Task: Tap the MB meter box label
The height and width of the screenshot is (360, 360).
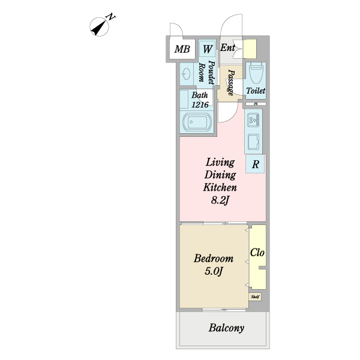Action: click(x=180, y=49)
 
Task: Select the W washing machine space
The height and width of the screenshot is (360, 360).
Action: click(x=207, y=49)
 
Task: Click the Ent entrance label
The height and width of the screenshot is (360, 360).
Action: click(x=227, y=47)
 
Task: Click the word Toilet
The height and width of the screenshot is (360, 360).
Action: click(x=256, y=91)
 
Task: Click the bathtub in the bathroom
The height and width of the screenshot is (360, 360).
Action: click(x=197, y=123)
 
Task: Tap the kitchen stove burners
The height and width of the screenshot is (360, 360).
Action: click(x=253, y=120)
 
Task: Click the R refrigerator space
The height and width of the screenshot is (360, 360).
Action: click(x=256, y=164)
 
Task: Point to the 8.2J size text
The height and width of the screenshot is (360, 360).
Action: click(x=220, y=200)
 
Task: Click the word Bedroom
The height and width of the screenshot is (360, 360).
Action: click(x=213, y=259)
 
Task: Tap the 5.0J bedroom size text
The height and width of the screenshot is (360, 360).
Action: click(x=213, y=271)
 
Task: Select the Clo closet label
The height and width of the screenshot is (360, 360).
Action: click(x=257, y=253)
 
